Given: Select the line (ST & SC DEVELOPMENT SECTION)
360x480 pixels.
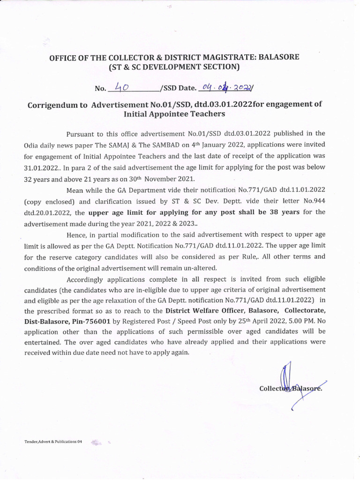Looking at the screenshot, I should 174,67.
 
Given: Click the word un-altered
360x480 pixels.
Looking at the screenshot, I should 197,268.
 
